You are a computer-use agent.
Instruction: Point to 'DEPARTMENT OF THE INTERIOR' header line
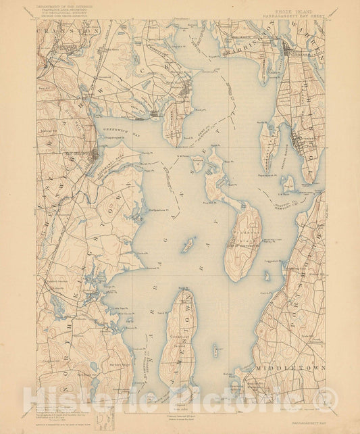coord(68,7)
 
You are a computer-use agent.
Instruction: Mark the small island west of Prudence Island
coord(188,245)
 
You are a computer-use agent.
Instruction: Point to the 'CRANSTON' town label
coord(68,31)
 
